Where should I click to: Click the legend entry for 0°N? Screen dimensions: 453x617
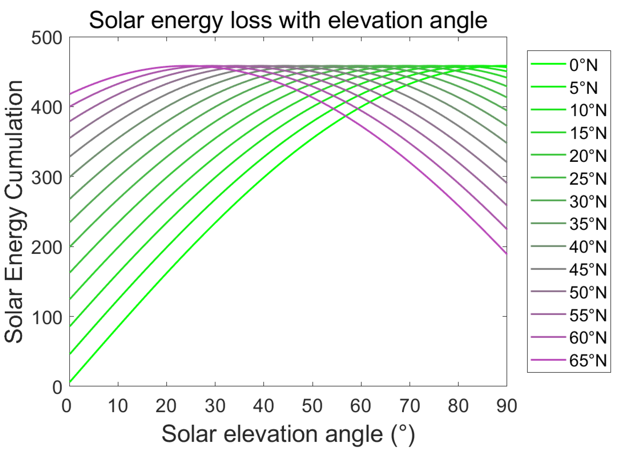point(583,65)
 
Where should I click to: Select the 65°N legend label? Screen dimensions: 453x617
point(588,360)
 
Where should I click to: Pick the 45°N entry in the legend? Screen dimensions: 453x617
point(588,270)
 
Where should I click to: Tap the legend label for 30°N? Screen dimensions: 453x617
point(588,202)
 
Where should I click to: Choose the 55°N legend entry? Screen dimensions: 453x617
point(588,315)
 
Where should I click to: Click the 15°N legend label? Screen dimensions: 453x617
point(588,133)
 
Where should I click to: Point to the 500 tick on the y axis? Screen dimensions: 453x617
point(47,38)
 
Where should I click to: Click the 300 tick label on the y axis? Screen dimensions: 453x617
point(47,178)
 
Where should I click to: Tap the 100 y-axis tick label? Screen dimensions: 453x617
point(47,318)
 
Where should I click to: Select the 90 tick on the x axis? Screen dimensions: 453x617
point(506,406)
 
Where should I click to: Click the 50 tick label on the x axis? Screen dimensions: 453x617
point(312,406)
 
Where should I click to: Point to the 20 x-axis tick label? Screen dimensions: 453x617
point(166,406)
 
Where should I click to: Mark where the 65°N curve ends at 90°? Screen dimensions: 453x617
point(506,254)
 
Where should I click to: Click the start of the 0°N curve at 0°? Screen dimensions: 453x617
point(70,382)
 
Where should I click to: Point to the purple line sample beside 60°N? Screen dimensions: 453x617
point(548,337)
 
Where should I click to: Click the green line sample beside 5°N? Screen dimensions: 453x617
point(548,87)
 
